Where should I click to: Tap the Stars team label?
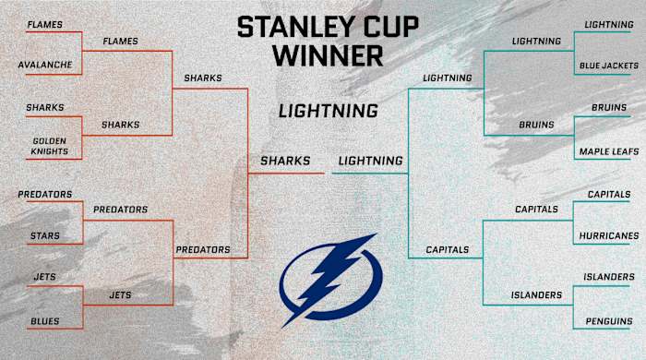coord(43,236)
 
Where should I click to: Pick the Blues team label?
coord(45,321)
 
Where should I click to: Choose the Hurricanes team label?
coord(608,236)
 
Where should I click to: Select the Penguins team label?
coord(608,321)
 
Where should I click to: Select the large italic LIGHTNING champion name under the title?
coord(328,111)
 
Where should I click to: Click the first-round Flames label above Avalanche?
coord(43,24)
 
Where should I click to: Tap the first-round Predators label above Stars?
coord(44,195)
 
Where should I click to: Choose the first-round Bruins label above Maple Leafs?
coord(608,108)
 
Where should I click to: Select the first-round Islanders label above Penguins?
coord(608,277)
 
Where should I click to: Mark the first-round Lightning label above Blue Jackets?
coord(608,24)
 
